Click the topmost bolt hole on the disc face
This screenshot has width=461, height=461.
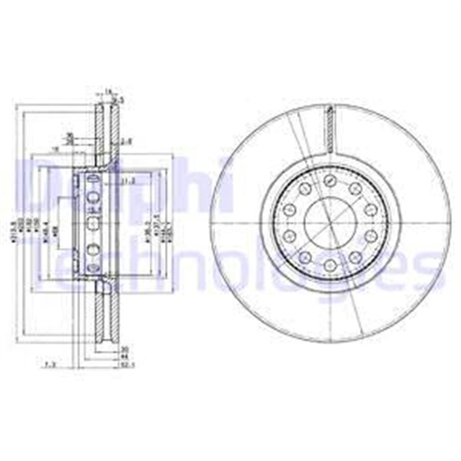coord(329,180)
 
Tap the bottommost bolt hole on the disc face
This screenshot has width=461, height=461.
coord(329,267)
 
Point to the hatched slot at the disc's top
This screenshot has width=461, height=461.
coord(330,130)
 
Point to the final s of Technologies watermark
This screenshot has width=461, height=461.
coord(421,274)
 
